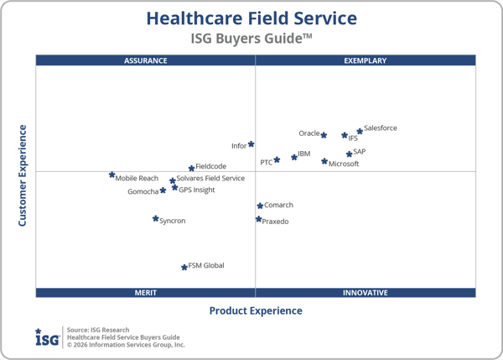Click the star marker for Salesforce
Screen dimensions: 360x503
click(x=360, y=131)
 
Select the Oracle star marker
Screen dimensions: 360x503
click(x=324, y=135)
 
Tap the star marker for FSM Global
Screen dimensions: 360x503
click(x=184, y=267)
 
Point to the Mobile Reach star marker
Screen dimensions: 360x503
click(x=111, y=175)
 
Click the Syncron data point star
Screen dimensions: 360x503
click(x=155, y=219)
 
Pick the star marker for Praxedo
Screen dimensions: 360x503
click(x=258, y=220)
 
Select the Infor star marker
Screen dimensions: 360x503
click(x=251, y=144)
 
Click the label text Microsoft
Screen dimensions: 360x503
click(x=344, y=164)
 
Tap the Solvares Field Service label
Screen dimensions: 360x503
click(x=210, y=179)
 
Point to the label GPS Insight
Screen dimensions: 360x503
click(x=197, y=190)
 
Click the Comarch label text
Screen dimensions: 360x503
click(x=278, y=206)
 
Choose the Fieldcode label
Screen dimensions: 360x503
click(x=210, y=167)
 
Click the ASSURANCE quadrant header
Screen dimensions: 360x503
click(x=146, y=60)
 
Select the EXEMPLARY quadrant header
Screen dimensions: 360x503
click(x=366, y=60)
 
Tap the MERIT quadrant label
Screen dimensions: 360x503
click(x=146, y=293)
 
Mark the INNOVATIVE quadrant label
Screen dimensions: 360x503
click(x=366, y=293)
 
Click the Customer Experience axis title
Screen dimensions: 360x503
click(x=23, y=175)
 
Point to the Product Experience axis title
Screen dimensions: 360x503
click(x=256, y=311)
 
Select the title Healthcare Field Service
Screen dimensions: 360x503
click(x=251, y=18)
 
